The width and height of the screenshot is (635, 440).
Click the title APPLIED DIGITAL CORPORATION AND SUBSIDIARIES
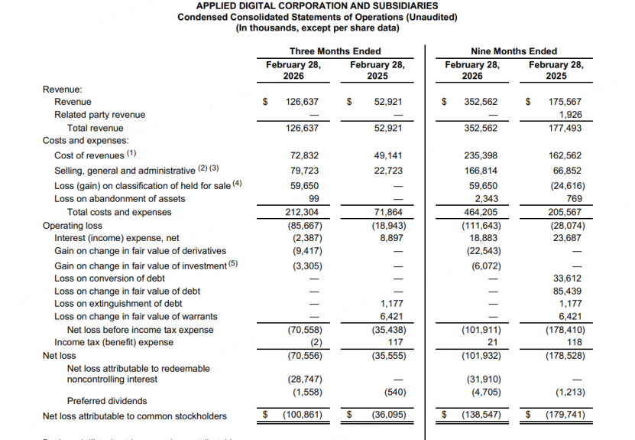[317, 5]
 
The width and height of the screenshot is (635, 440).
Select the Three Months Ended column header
[335, 51]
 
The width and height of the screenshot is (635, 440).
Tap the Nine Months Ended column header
[514, 51]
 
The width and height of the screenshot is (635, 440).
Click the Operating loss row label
[73, 226]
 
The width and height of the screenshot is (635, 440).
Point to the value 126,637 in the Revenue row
[302, 102]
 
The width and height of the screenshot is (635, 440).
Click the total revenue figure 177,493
[565, 129]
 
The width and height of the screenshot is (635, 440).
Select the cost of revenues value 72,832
[304, 155]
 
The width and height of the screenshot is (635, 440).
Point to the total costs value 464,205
[481, 213]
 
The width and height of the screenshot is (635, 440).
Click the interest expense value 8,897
[388, 238]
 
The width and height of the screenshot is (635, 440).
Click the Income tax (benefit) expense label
[103, 343]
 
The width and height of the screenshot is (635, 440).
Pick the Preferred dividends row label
[107, 401]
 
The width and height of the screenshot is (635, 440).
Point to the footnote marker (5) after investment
[234, 264]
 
